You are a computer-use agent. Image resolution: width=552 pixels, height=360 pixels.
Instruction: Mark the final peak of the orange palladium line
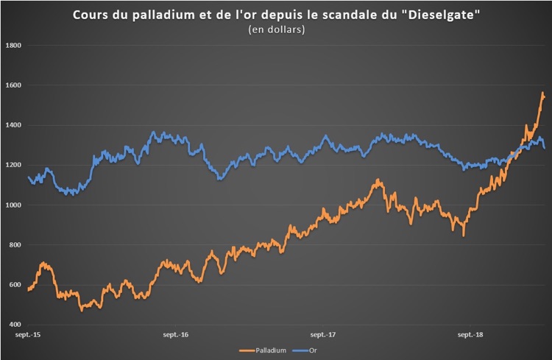pos(542,93)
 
